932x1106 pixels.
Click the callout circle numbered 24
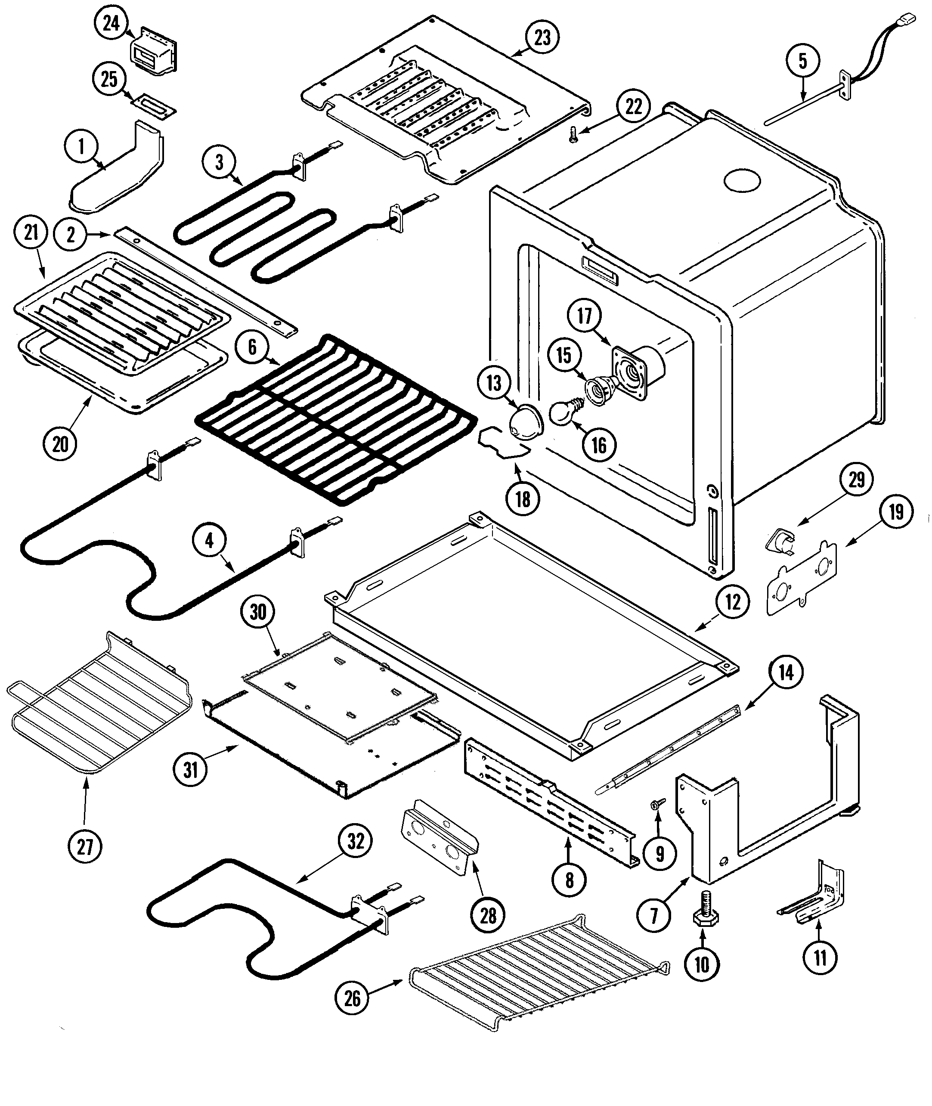pos(111,24)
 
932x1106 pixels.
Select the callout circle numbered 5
pos(802,61)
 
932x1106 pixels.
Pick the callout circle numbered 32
pos(355,840)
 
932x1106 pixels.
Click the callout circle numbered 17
pos(584,316)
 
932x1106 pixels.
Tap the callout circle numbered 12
pos(732,602)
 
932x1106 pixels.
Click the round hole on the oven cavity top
pos(742,181)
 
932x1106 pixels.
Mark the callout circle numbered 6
pos(252,347)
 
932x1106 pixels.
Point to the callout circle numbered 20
pos(60,443)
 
